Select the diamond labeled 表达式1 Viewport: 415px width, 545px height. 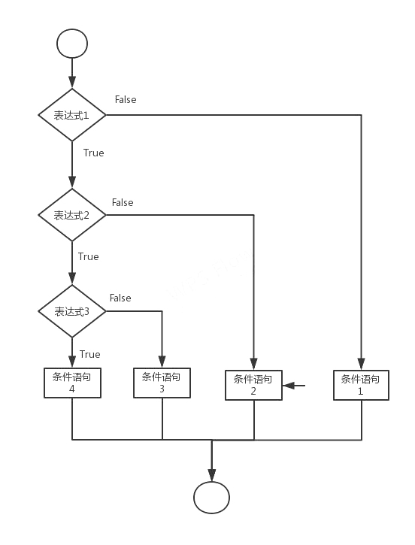[x=72, y=115]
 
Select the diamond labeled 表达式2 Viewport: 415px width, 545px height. [x=72, y=215]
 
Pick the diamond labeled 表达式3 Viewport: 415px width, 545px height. [x=72, y=311]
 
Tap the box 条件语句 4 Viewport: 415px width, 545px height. [x=72, y=383]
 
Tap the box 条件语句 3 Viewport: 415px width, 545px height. [x=162, y=383]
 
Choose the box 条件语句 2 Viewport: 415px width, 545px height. [x=253, y=385]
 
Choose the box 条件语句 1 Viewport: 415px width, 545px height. [x=361, y=385]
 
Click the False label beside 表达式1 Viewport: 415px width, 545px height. [x=126, y=100]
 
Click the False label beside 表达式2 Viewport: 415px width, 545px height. [x=123, y=203]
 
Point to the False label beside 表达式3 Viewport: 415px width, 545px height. [x=120, y=298]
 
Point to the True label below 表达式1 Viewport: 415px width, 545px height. [x=93, y=153]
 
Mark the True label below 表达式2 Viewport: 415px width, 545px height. [x=88, y=256]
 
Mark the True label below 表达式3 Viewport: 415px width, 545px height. [x=89, y=354]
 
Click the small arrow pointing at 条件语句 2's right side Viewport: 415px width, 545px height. [x=294, y=386]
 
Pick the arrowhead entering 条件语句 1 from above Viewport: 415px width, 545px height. [x=361, y=364]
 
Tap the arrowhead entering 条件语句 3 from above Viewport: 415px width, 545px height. [x=162, y=362]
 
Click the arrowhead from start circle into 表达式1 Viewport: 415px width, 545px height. [x=72, y=82]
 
